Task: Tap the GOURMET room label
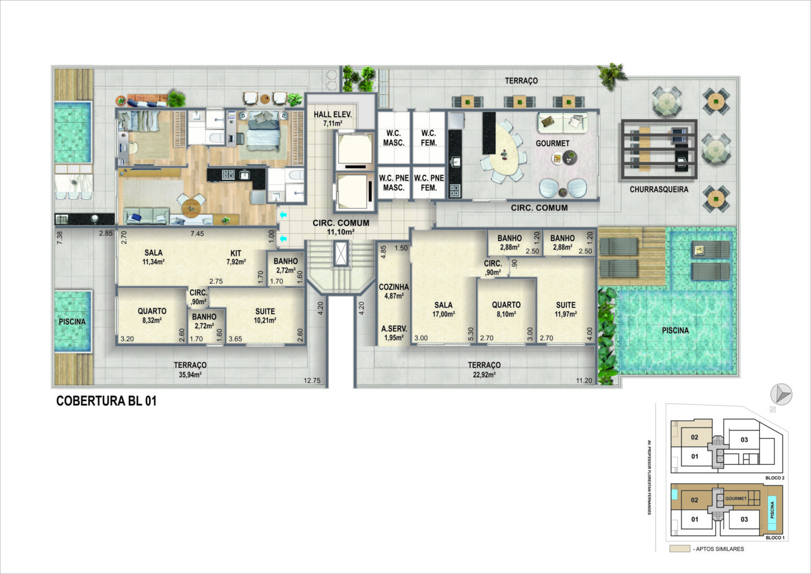[552, 144]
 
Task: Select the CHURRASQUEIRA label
[659, 189]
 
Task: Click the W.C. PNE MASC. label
[394, 183]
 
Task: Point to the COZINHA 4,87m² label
[394, 291]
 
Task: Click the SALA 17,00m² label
[444, 309]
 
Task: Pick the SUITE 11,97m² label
[565, 309]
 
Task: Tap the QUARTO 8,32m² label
[152, 315]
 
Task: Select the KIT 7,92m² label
[236, 257]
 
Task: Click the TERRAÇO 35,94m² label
[190, 370]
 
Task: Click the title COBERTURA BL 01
[106, 401]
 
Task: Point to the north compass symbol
[781, 394]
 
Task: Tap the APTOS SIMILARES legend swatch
[680, 548]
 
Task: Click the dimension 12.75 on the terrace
[312, 381]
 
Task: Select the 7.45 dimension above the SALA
[197, 234]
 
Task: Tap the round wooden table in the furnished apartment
[191, 208]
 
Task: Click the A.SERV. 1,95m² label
[394, 333]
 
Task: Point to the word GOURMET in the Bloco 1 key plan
[736, 499]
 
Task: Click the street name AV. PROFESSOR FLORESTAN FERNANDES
[649, 477]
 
